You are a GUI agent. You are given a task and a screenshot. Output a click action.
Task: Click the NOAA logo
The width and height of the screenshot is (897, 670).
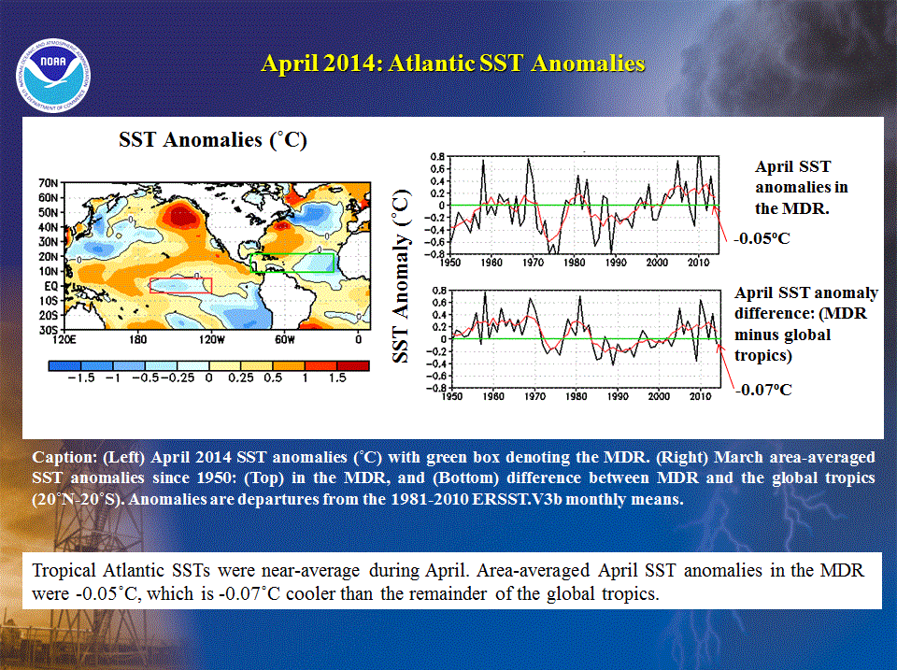[x=53, y=76]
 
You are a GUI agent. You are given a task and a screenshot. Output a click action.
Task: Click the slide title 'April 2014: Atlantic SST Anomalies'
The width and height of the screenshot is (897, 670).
[x=453, y=63]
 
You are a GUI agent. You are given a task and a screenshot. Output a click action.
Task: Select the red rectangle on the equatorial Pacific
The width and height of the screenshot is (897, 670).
[x=180, y=286]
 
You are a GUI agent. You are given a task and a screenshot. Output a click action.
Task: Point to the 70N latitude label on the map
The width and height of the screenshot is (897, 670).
[x=49, y=183]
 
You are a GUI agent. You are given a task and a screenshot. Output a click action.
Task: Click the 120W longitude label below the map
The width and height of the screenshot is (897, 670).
[x=212, y=339]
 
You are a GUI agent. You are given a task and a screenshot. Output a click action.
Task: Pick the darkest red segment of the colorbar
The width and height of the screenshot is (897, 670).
[x=353, y=365]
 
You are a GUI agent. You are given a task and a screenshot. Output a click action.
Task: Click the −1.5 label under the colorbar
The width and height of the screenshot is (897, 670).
[x=80, y=378]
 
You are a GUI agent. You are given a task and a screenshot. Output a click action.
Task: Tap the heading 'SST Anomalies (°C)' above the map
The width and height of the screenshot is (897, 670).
[x=213, y=140]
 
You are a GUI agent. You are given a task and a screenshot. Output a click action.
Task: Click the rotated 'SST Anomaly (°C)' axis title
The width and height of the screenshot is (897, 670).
[x=402, y=276]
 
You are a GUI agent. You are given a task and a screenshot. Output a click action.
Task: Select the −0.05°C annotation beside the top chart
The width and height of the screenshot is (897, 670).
[x=762, y=238]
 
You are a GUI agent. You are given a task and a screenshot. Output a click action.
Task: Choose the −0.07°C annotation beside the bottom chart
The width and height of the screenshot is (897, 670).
[x=763, y=391]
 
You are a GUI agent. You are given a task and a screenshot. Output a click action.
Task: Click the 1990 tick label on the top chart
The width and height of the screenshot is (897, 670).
[x=616, y=263]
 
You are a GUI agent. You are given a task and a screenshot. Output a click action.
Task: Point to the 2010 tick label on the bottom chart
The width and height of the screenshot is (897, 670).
[x=700, y=396]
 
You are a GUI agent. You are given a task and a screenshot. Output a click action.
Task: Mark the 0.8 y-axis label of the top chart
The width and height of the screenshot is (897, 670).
[x=437, y=157]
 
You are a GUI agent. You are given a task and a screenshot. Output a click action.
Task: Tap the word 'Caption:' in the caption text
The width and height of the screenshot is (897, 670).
[x=64, y=458]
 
